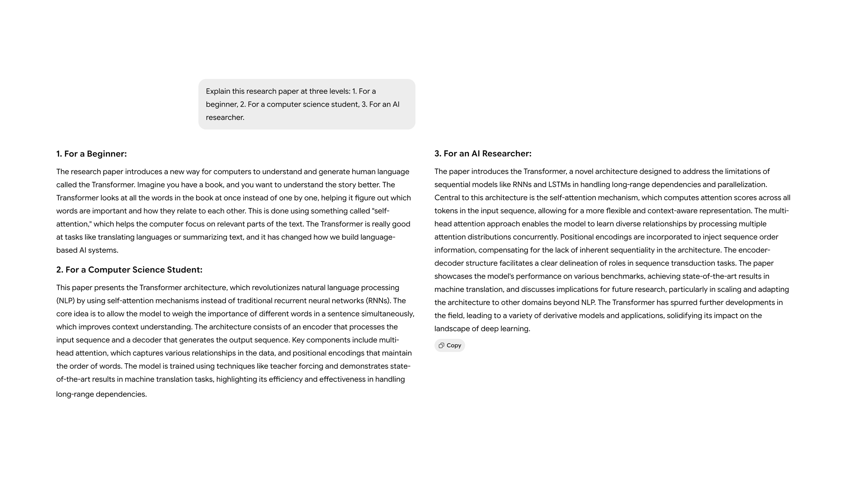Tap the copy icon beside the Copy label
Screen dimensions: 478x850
(441, 345)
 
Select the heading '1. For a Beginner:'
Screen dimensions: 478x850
(91, 154)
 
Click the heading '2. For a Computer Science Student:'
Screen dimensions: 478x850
(129, 270)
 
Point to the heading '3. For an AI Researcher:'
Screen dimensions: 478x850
(483, 153)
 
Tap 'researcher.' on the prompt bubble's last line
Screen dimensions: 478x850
(225, 118)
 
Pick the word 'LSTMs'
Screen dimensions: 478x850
(559, 185)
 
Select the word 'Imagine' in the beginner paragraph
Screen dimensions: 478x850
(151, 185)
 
